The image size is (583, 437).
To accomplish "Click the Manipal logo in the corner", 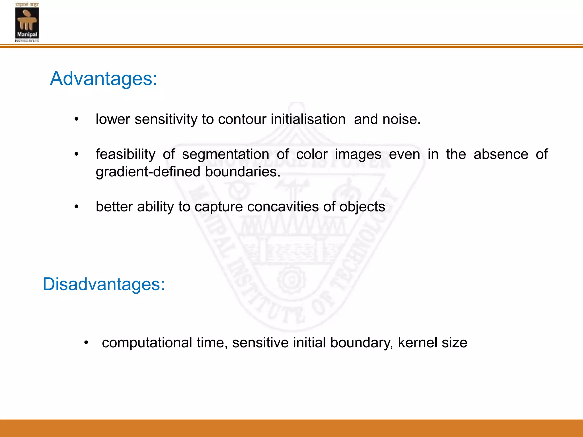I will point(27,22).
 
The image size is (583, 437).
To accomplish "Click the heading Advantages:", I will point(104,79).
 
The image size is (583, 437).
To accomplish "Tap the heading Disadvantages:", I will point(104,284).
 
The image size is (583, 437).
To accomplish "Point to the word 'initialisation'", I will point(308,119).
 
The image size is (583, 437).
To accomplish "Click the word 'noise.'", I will point(401,119).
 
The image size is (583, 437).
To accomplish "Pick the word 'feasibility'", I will point(126,154).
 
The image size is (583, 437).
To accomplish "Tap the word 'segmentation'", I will point(225,154).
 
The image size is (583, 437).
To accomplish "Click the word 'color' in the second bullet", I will point(312,154).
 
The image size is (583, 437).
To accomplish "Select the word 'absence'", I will point(501,154).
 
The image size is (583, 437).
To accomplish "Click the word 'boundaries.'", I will point(243,172).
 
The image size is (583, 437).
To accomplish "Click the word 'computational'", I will point(147,343).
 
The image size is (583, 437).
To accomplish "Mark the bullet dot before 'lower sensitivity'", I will point(76,120).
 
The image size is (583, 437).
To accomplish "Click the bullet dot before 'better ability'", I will point(76,207).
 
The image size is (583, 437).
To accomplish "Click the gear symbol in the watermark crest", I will point(291,280).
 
